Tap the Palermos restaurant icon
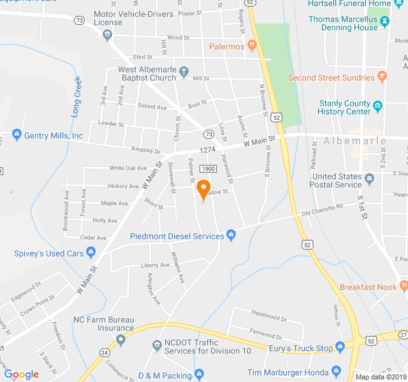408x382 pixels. (x=252, y=46)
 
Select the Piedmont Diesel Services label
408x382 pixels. (x=177, y=236)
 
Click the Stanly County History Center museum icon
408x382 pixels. (x=377, y=105)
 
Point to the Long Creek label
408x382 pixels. (x=76, y=96)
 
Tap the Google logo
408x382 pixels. (x=22, y=374)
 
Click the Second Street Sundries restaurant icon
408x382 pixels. (x=382, y=77)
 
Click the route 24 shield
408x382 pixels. (x=103, y=352)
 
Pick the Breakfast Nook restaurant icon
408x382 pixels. (x=402, y=286)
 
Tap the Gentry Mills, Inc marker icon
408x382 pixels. (x=15, y=135)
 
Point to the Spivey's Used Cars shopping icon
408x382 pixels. (x=91, y=253)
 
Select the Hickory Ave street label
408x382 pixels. (x=123, y=186)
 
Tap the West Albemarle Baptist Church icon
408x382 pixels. (x=184, y=71)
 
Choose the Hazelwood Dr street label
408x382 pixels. (x=269, y=316)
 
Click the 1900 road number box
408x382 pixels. (x=208, y=169)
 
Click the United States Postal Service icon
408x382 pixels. (x=369, y=177)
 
